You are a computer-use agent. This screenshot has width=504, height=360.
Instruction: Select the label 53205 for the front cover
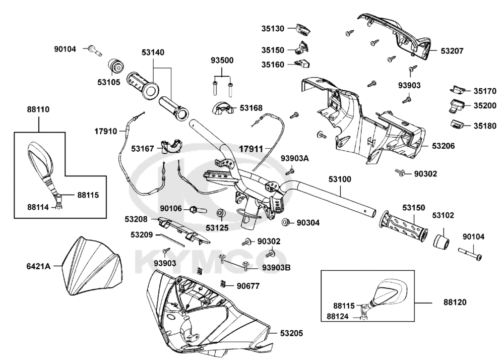[x=292, y=333]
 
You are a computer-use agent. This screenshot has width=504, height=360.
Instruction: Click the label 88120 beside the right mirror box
[x=455, y=303]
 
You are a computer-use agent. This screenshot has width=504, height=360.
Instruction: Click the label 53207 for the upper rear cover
[x=452, y=51]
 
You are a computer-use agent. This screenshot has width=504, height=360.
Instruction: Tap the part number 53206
[x=444, y=146]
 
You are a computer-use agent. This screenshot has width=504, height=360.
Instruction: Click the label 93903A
[x=295, y=159]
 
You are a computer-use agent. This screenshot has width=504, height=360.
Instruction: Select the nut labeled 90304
[x=285, y=222]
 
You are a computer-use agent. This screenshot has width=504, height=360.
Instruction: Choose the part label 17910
[x=106, y=131]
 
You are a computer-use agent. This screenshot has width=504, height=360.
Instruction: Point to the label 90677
[x=248, y=286]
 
